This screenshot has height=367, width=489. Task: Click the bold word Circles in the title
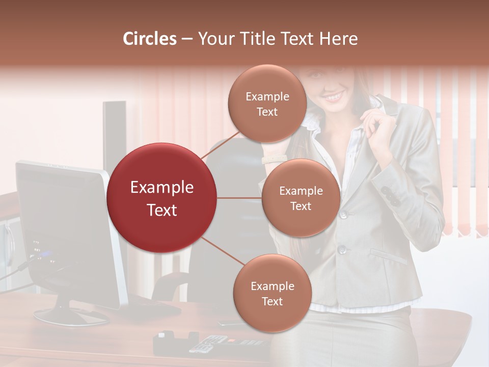pyautogui.click(x=150, y=39)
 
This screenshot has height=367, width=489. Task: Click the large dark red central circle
pyautogui.click(x=162, y=198)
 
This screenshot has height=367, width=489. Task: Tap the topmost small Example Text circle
pyautogui.click(x=267, y=103)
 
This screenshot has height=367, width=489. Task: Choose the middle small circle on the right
pyautogui.click(x=301, y=198)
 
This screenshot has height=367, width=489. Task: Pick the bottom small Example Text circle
pyautogui.click(x=272, y=293)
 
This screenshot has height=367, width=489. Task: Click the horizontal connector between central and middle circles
pyautogui.click(x=239, y=198)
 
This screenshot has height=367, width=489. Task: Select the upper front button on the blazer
pyautogui.click(x=344, y=214)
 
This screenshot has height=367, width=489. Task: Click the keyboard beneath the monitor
pyautogui.click(x=153, y=307)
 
